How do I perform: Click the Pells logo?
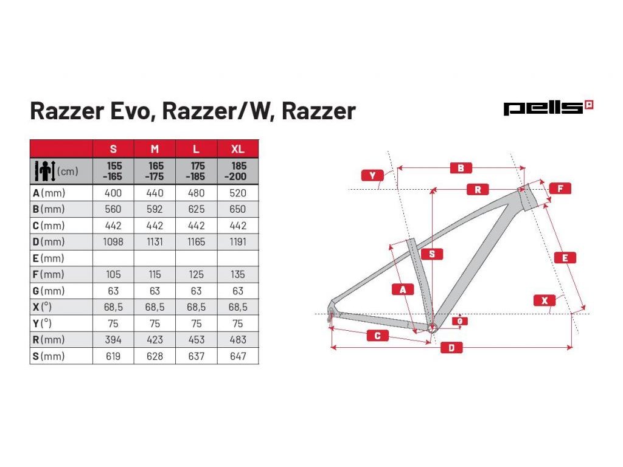coord(548,108)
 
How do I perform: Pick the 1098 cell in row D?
coord(113,242)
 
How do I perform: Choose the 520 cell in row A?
coord(238,193)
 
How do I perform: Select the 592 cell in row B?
coord(155,209)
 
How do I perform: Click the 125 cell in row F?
coord(196,275)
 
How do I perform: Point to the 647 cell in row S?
coord(238,356)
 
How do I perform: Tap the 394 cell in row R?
coord(113,340)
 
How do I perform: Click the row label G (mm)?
coord(48,291)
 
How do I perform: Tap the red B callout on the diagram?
coord(461,168)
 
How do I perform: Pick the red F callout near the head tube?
coord(560,189)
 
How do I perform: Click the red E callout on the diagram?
coord(565,258)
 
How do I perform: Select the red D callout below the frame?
coord(451,348)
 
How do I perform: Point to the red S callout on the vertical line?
coord(432,254)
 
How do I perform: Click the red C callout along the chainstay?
coord(377,336)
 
